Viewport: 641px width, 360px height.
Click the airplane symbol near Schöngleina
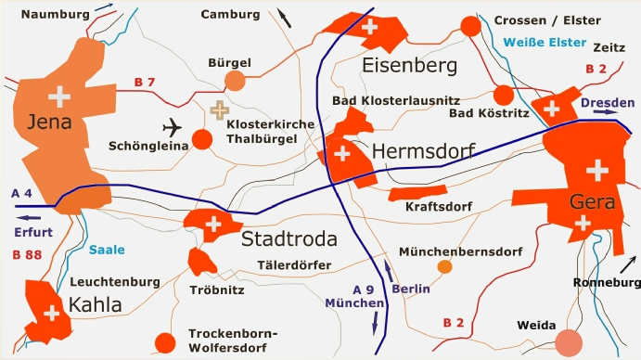click(x=173, y=127)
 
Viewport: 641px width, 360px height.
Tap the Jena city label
click(x=49, y=122)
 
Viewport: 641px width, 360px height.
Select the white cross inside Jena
click(x=59, y=95)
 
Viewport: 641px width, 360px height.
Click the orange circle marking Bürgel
click(x=235, y=81)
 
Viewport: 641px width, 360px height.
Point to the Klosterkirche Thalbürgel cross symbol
click(x=220, y=110)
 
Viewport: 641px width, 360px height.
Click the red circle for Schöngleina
click(x=202, y=140)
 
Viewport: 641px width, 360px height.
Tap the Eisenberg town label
click(x=410, y=66)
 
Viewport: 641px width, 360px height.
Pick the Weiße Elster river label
click(x=545, y=43)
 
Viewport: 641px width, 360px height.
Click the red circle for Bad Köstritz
click(x=503, y=95)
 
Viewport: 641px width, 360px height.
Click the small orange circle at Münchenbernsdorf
click(x=444, y=267)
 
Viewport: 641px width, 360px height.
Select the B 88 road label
click(x=27, y=254)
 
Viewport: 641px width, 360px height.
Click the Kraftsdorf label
click(x=439, y=206)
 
